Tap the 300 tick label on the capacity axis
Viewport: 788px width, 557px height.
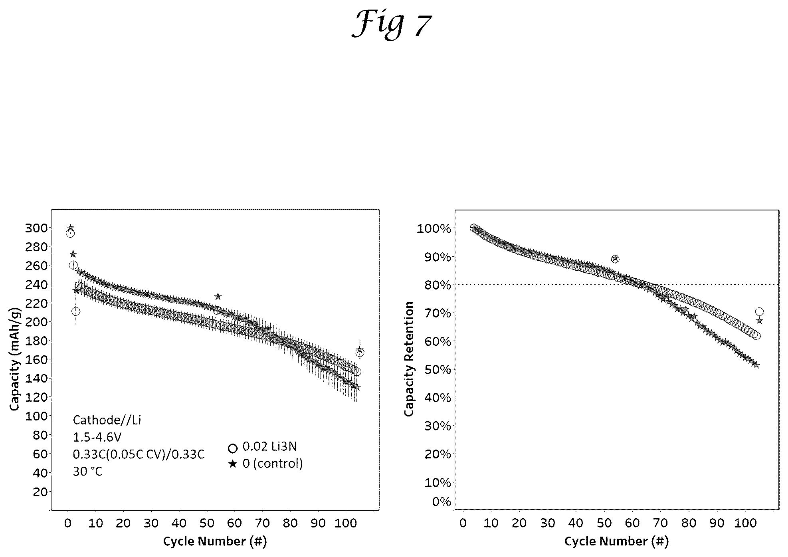pos(36,228)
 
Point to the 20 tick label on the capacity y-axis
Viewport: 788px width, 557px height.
pos(40,492)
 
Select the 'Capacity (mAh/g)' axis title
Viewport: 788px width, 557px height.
pos(15,359)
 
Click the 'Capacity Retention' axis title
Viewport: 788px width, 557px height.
pos(409,359)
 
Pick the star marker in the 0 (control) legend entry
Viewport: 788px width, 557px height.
pos(233,464)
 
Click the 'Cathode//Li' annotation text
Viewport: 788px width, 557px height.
pos(107,420)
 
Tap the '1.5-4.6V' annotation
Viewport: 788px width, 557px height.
pos(97,437)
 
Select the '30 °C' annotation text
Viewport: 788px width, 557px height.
pos(87,472)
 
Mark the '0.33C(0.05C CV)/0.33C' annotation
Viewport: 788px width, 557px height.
pos(139,454)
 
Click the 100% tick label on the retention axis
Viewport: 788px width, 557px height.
pos(434,229)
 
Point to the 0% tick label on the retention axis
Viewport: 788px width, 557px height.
pos(442,501)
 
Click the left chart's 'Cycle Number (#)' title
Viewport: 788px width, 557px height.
pos(215,541)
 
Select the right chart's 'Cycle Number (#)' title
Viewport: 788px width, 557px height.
pos(616,541)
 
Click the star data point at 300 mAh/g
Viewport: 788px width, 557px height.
pos(71,228)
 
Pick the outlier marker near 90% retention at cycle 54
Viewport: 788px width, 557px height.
pos(615,259)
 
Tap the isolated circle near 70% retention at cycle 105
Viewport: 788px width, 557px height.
pos(759,311)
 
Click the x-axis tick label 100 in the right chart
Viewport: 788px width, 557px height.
pos(745,523)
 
